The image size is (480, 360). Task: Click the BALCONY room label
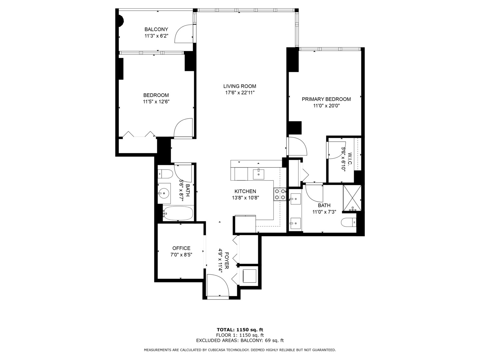(x=156, y=29)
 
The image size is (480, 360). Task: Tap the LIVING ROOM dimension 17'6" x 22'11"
(x=240, y=93)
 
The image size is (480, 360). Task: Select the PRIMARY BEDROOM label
(x=326, y=99)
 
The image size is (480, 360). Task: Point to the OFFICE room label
(x=181, y=248)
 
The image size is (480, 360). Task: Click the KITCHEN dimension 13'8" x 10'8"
(x=245, y=198)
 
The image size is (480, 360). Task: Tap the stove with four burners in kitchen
(x=280, y=194)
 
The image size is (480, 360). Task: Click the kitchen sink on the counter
(x=258, y=173)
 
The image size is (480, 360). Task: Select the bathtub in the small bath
(x=178, y=213)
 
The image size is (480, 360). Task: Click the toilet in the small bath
(x=165, y=174)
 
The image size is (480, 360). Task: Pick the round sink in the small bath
(x=164, y=193)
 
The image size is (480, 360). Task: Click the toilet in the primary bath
(x=349, y=222)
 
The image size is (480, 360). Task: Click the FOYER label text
(x=227, y=261)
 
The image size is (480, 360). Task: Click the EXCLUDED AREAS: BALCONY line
(x=240, y=340)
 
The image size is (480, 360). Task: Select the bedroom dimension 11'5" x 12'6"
(x=156, y=102)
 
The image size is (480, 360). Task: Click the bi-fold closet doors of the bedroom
(x=139, y=134)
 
